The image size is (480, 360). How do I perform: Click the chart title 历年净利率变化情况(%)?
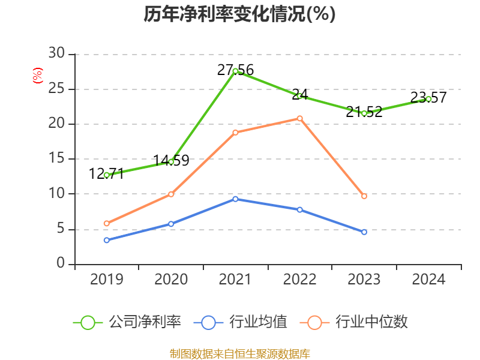pos(239,14)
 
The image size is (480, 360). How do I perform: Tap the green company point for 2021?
pos(235,71)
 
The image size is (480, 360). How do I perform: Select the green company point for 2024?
pos(428,99)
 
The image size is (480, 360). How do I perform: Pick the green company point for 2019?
pos(107,175)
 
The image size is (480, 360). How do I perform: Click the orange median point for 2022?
pos(300,118)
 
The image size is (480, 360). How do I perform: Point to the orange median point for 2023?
pos(364,196)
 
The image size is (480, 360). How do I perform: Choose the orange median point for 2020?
pos(171,194)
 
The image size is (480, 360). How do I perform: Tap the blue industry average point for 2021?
pos(235,199)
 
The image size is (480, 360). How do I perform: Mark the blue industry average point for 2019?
pos(107,240)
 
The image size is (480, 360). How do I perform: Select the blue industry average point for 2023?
pos(364,232)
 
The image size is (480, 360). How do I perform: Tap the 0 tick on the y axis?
pos(61,264)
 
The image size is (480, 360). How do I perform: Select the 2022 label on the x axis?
pos(300,279)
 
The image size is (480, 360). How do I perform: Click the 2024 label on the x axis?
pos(428,279)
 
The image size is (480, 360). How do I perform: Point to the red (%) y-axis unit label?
pos(38,76)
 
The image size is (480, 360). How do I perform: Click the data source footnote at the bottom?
pos(239,353)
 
